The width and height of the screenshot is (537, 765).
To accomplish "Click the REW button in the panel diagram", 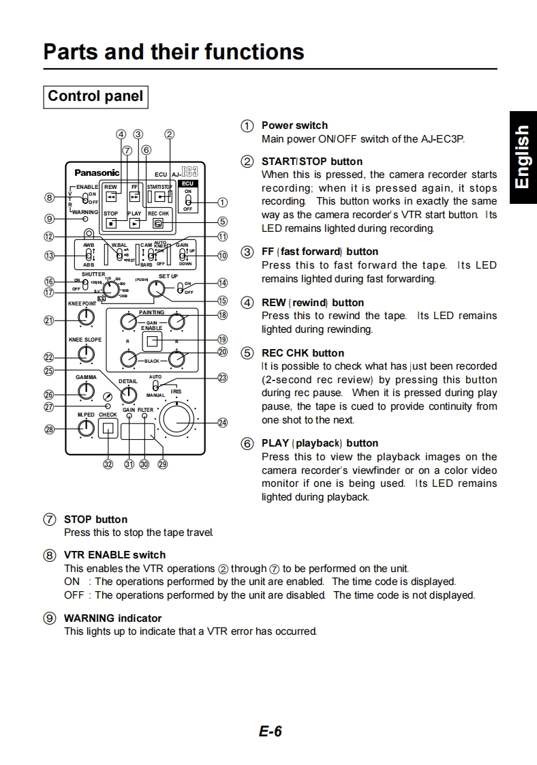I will pos(111,197).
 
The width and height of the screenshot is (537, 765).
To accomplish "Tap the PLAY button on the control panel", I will pos(135,223).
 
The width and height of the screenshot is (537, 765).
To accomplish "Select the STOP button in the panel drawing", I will pos(111,223).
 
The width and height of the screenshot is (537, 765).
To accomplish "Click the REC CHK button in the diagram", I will pos(158,223).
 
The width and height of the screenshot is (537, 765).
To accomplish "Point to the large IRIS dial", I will pos(177,419).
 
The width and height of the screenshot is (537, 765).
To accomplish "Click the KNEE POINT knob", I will pos(86,318).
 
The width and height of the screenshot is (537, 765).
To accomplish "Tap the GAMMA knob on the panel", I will pos(86,391).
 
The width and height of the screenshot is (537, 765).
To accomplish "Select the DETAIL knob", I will pos(128,395).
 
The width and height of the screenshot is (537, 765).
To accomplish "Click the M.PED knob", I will pos(86,428).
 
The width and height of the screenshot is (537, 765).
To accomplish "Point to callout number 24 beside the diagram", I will pos(222,423).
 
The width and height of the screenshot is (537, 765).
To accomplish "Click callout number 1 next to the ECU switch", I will pos(222,202).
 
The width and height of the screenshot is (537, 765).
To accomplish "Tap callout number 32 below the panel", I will pos(108,464).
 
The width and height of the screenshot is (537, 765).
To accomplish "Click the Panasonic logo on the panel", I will pos(97,173).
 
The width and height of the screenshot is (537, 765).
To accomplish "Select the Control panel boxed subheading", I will pos(95,96).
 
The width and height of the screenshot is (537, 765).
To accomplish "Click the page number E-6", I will pos(270,732).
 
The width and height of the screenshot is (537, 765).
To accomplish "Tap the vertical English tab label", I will pos(521,157).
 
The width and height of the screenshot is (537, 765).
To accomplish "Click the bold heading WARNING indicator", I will pos(112,618).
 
